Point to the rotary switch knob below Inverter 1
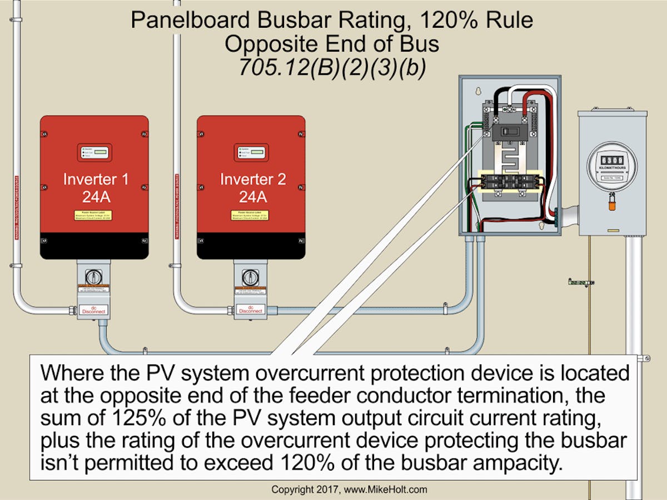tap(94, 276)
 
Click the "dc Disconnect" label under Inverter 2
tap(251, 309)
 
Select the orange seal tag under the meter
tap(611, 206)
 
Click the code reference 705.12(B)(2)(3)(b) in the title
tap(332, 67)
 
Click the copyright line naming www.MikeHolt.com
tap(349, 489)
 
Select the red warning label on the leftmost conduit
tap(16, 205)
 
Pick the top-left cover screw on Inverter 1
tap(43, 133)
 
